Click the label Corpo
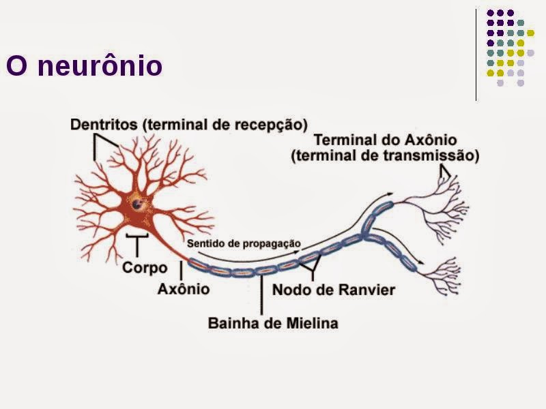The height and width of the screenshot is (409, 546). pos(145,267)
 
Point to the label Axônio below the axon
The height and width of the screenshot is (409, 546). pos(184,289)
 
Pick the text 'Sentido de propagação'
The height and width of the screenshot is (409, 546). pos(243,243)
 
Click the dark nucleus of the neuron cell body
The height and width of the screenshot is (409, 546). pos(139,202)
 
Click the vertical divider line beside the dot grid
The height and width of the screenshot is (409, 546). pos(476,55)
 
